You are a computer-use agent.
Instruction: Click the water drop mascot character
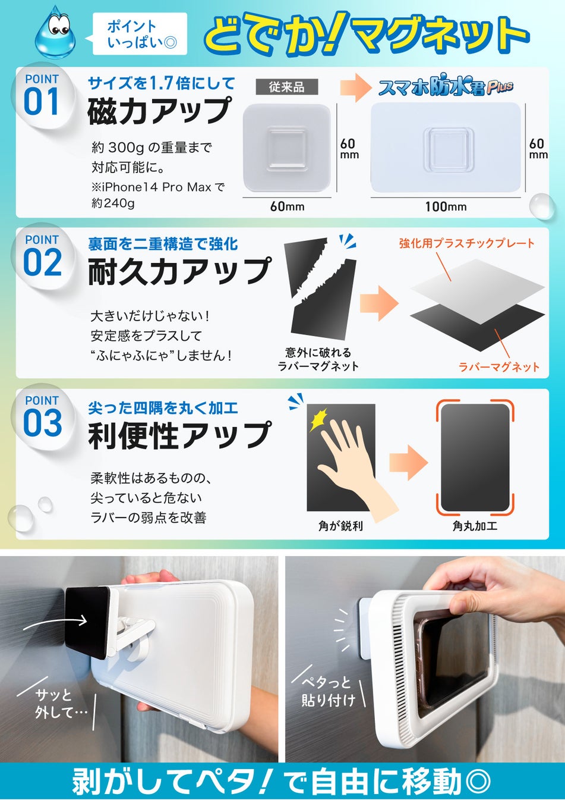[55, 33]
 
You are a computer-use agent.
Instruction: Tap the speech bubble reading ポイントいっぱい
[137, 34]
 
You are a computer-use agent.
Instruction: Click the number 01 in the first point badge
[41, 102]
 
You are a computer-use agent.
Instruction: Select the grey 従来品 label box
[287, 87]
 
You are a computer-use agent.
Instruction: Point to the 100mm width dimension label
[446, 206]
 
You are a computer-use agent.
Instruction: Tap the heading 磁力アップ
[159, 111]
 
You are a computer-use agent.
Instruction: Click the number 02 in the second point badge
[42, 263]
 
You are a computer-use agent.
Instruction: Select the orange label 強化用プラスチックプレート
[466, 243]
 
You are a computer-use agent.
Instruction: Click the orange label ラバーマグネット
[499, 367]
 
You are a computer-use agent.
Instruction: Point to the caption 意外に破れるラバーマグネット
[318, 359]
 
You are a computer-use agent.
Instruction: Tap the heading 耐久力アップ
[179, 271]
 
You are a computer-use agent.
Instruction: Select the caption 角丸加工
[475, 526]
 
